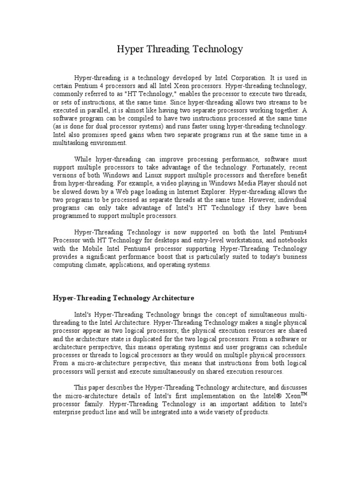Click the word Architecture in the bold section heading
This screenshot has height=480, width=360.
tap(173, 298)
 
